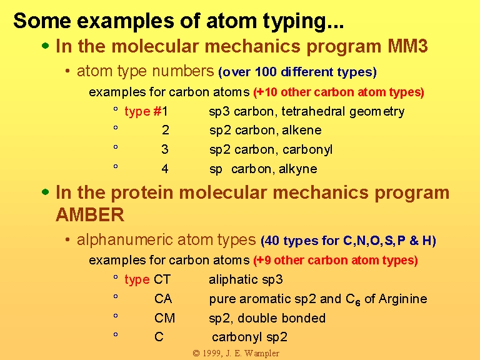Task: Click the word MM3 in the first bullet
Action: tap(407, 46)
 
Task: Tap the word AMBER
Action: tap(90, 214)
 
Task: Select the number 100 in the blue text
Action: tap(266, 72)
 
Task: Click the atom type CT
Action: tap(162, 279)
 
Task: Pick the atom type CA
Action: tap(163, 299)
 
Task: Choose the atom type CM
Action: tap(164, 317)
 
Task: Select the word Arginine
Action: tap(403, 299)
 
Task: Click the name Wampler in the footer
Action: tap(262, 353)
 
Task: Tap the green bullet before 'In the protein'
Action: tap(45, 192)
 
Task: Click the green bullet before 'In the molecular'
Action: tap(45, 46)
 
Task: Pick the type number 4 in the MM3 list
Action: tap(165, 169)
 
